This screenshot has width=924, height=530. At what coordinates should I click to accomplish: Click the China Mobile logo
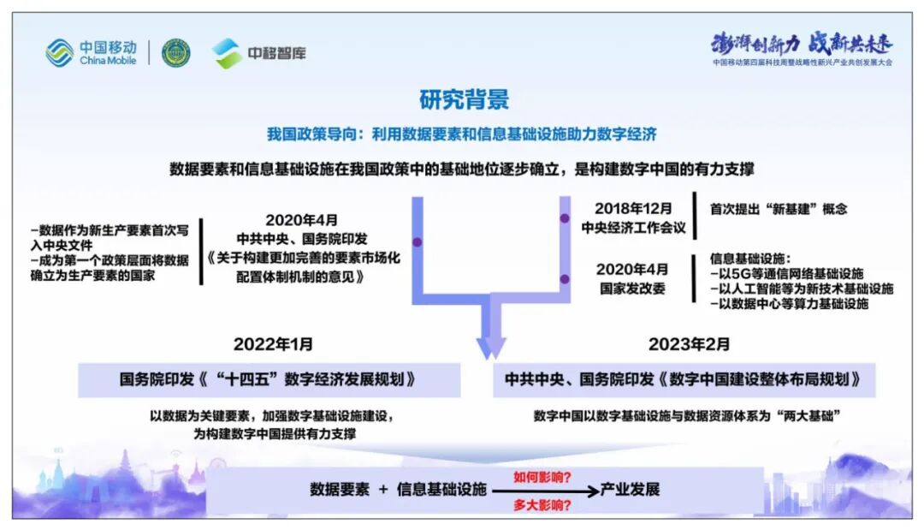click(x=91, y=53)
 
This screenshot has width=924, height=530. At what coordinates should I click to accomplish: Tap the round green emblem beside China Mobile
click(x=176, y=53)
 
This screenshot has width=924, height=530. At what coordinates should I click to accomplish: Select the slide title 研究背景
click(x=464, y=99)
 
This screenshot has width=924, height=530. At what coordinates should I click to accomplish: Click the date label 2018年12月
click(x=634, y=208)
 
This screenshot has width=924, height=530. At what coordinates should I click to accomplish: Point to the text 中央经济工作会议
click(x=634, y=227)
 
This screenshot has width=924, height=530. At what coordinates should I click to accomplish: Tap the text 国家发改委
click(x=634, y=288)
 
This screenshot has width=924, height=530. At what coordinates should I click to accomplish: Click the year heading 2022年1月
click(x=273, y=344)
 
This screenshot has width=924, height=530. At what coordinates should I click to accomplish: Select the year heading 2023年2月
click(x=689, y=344)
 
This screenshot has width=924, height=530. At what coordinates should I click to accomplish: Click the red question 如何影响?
click(x=542, y=476)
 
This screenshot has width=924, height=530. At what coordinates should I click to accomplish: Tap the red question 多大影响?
click(x=542, y=505)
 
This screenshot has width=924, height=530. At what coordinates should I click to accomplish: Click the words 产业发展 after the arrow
click(x=630, y=490)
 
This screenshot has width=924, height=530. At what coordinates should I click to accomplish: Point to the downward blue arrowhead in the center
click(x=491, y=347)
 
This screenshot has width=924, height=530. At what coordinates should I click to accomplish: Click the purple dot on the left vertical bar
click(x=418, y=241)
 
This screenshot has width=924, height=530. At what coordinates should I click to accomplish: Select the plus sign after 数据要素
click(x=382, y=490)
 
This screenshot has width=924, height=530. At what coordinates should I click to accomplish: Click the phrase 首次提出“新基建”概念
click(x=779, y=208)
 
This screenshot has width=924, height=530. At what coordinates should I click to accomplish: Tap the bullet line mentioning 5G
click(x=787, y=273)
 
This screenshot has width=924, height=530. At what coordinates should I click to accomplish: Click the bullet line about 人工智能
click(x=802, y=289)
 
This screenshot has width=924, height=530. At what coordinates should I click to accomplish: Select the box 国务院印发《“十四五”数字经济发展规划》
click(x=269, y=379)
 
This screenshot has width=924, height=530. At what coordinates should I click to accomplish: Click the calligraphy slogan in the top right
click(x=801, y=43)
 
